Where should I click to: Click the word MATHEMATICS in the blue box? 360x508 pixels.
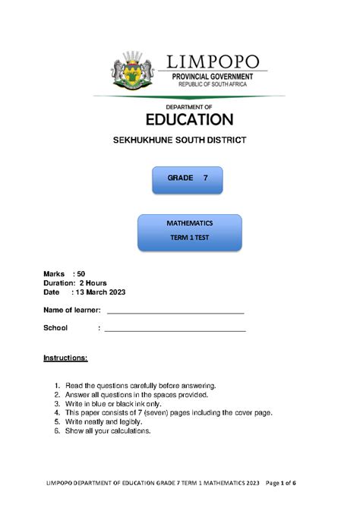189,224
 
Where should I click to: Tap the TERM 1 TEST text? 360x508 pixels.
189,238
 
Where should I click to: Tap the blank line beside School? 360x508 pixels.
175,330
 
